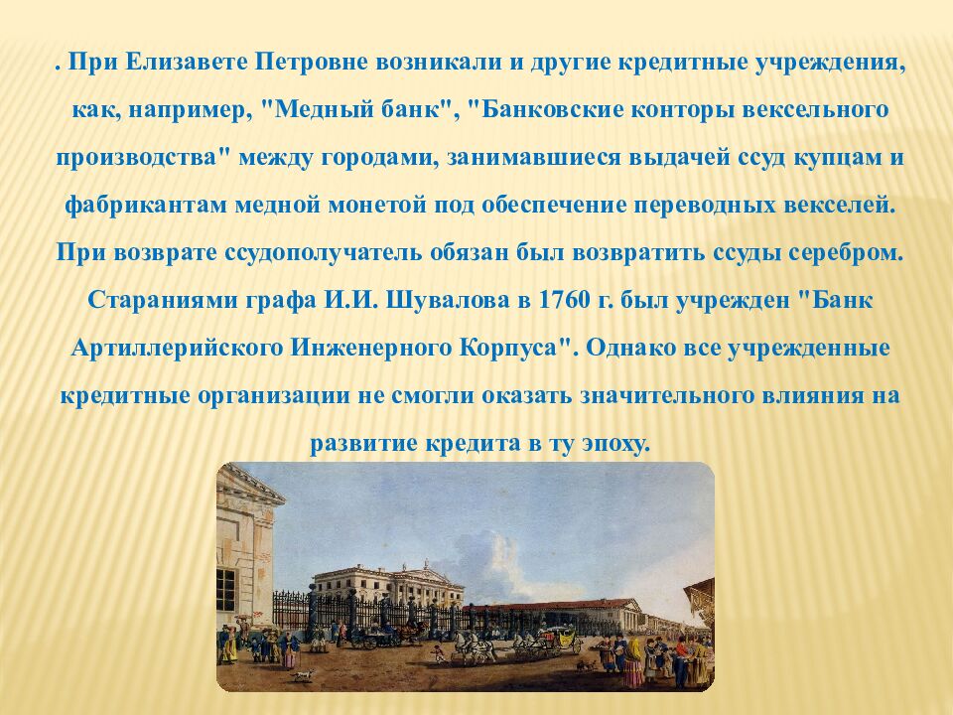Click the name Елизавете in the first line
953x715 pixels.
(186, 63)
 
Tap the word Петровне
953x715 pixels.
(311, 63)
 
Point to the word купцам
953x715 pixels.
(838, 158)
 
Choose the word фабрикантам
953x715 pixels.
(145, 205)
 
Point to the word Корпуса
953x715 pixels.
(514, 348)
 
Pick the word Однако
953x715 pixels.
(631, 348)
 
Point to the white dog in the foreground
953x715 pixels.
(302, 675)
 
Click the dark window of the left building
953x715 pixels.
(226, 590)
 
